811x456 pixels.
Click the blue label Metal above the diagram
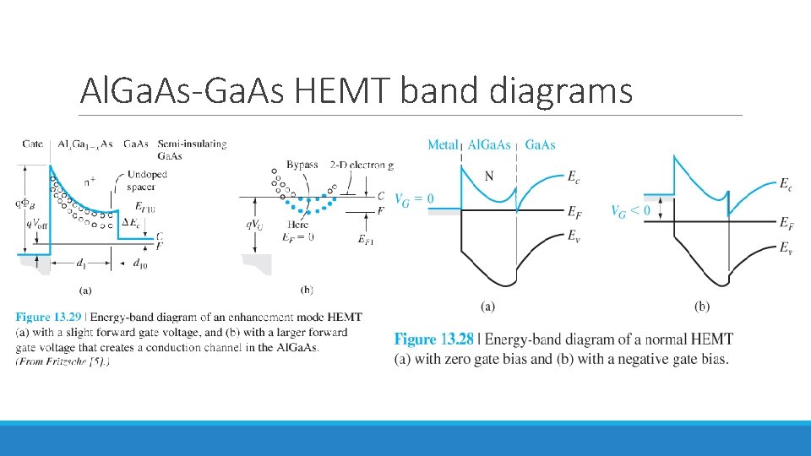click(443, 145)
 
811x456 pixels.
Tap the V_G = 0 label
click(414, 199)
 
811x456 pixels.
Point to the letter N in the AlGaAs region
click(489, 176)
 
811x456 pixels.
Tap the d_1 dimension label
click(81, 264)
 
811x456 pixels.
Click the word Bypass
click(302, 165)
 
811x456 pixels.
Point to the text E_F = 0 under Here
click(299, 237)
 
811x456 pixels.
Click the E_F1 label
click(367, 241)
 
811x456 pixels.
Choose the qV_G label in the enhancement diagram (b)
click(254, 225)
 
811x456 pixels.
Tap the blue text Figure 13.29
click(50, 318)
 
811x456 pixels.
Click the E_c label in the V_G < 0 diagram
click(785, 183)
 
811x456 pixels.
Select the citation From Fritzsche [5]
click(63, 361)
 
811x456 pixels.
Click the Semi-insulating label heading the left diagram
click(199, 144)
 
